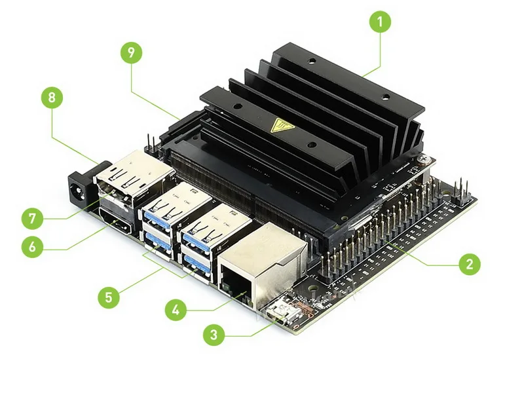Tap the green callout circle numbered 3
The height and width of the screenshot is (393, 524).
215,335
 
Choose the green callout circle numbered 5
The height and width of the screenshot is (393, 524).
109,297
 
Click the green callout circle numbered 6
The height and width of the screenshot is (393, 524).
32,247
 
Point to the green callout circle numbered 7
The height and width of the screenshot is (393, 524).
32,217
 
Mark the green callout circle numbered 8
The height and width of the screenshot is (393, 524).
52,99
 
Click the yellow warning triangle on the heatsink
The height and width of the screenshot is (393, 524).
284,124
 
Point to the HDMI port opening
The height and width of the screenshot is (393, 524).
117,227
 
